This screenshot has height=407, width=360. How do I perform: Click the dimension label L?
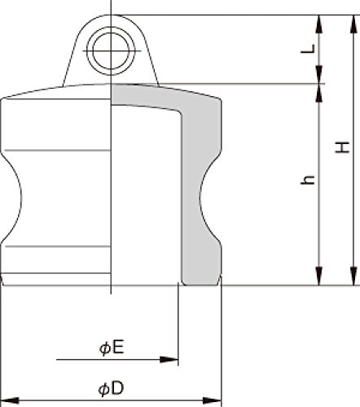pos(309,49)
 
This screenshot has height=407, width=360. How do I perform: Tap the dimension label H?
pos(342,147)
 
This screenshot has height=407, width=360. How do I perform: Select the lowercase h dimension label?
pos(308,180)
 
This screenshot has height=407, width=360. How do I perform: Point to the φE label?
pos(112,348)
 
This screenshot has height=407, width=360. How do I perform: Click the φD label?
pos(111,389)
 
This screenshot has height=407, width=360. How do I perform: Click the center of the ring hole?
pos(111,50)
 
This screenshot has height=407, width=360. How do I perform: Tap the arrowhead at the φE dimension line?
pos(169,360)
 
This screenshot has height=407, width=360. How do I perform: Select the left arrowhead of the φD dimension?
pos(10,400)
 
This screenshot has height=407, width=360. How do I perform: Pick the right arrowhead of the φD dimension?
pos(213,400)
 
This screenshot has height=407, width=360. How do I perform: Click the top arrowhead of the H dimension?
pos(353,24)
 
